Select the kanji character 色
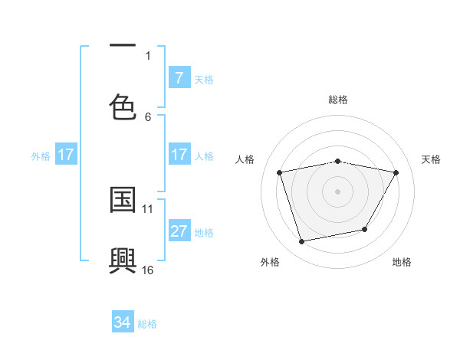tap(123, 106)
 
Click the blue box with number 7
tap(179, 78)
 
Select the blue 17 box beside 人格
tap(179, 155)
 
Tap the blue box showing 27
tap(179, 231)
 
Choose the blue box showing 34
tap(122, 322)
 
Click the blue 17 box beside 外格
tap(66, 155)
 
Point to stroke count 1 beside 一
tap(148, 55)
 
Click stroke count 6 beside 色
tap(148, 116)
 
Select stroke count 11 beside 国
tap(148, 208)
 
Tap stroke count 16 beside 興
tap(148, 270)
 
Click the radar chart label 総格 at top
tap(338, 100)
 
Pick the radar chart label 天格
tap(432, 159)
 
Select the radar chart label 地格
tap(402, 262)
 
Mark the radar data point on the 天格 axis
tap(396, 172)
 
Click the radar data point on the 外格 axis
tap(302, 242)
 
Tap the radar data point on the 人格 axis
tap(280, 172)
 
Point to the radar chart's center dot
tap(337, 191)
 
